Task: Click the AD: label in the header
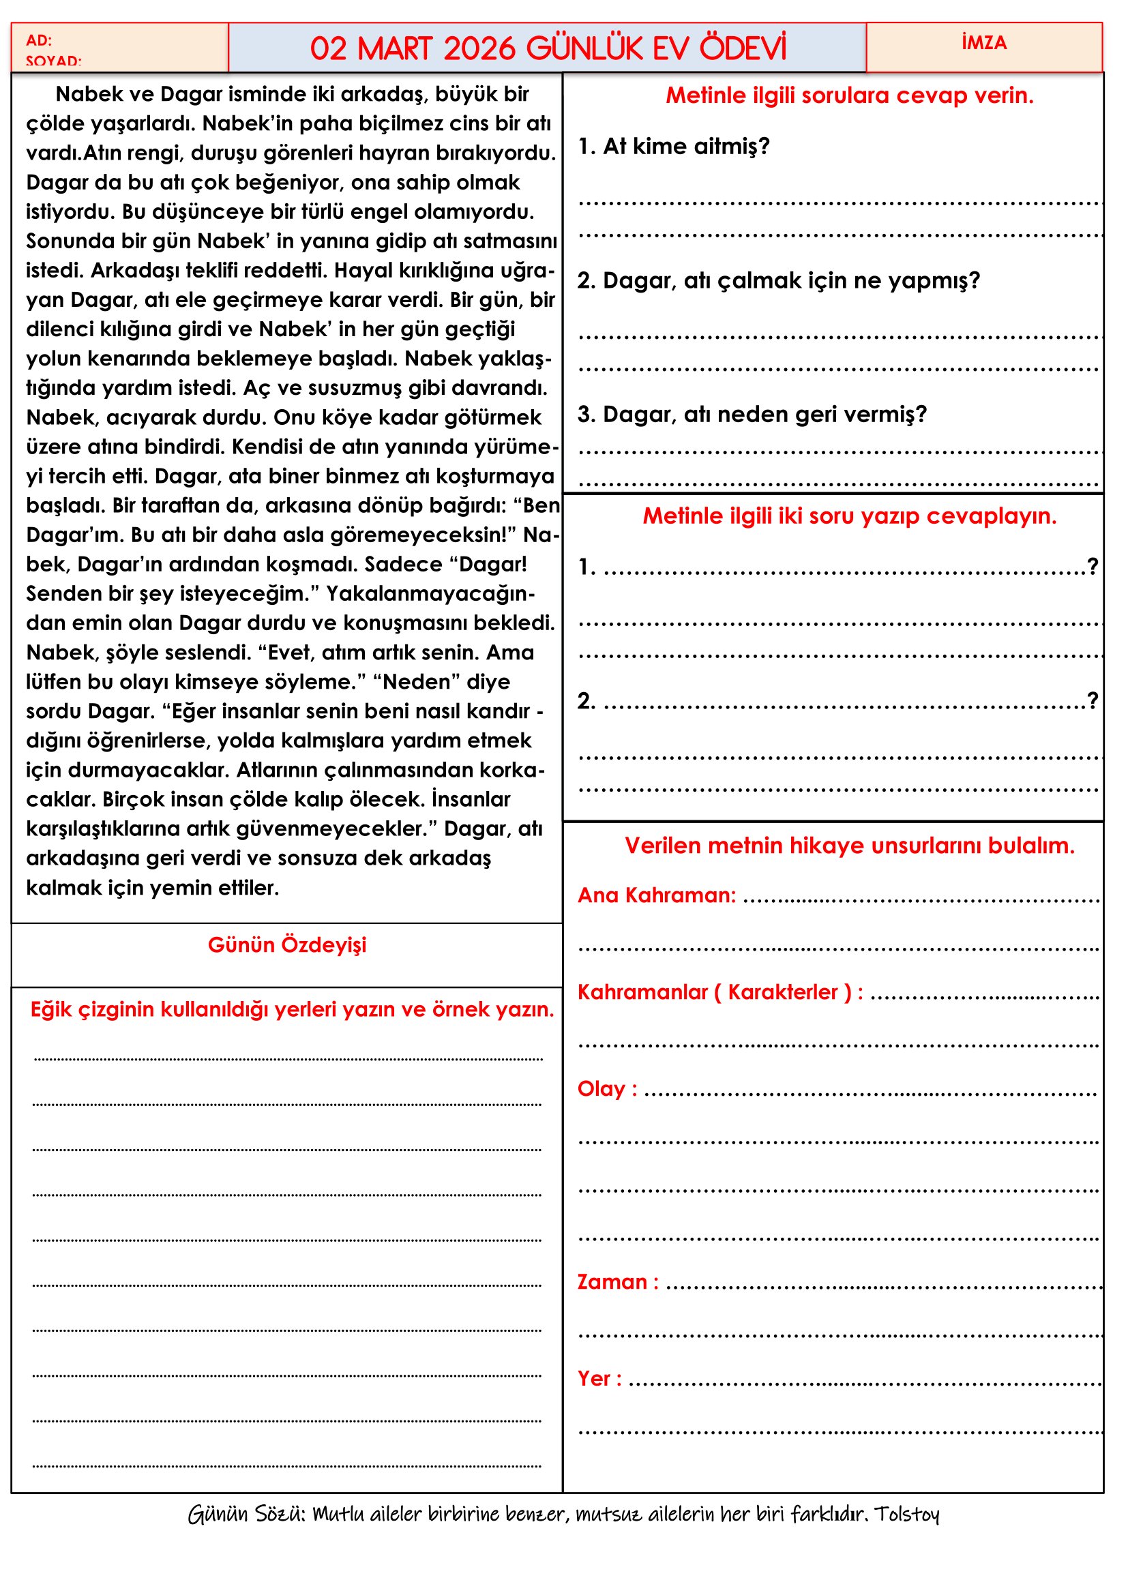coord(39,40)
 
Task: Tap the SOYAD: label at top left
coord(53,61)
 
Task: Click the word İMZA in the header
coord(983,43)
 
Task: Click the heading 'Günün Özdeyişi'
coord(287,944)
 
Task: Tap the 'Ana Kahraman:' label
coord(656,895)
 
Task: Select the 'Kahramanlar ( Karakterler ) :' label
coord(720,992)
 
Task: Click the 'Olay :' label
coord(607,1088)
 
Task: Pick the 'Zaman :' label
coord(617,1282)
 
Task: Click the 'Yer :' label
coord(599,1378)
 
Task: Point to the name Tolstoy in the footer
coord(906,1514)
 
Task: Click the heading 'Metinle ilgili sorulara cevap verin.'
coord(849,95)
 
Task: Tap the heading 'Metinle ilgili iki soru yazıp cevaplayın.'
coord(849,516)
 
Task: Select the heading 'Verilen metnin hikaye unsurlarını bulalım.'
coord(849,846)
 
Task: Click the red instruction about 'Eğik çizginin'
coord(292,1009)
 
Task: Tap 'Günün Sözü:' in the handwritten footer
coord(247,1514)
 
